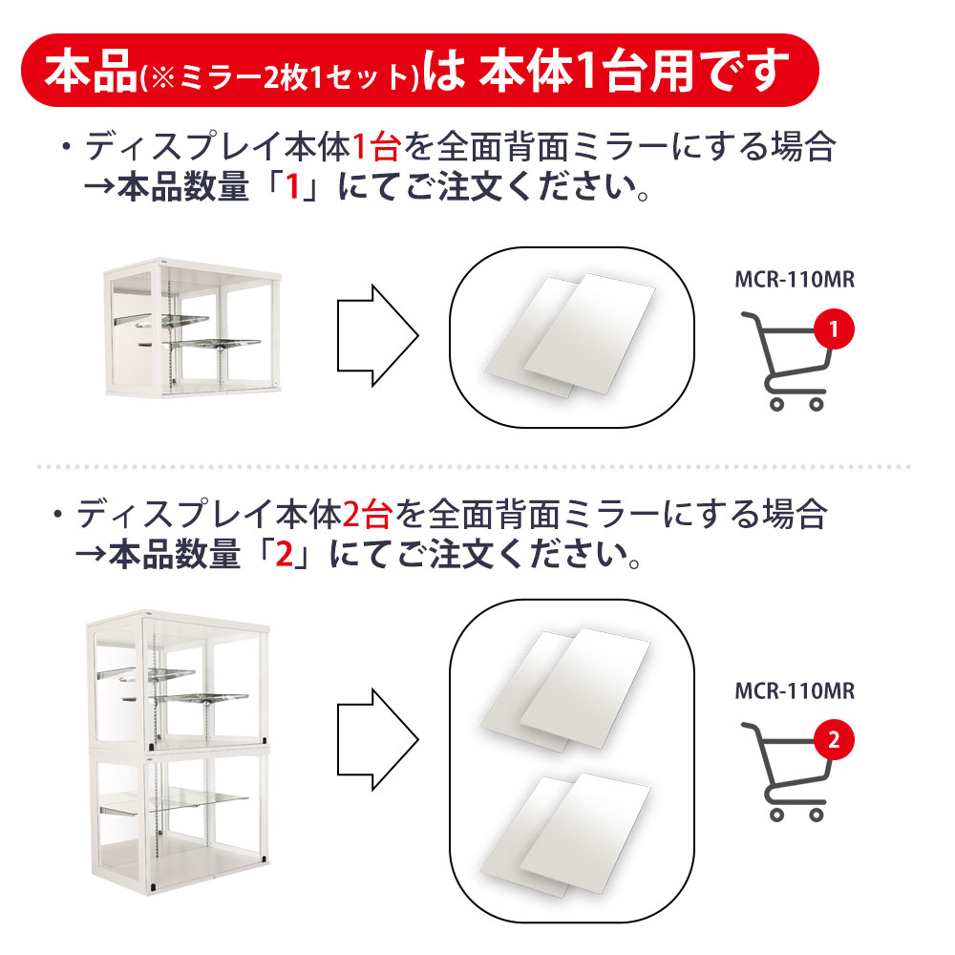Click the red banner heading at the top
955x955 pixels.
[419, 70]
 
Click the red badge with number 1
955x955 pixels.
[834, 329]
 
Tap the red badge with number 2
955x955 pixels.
[834, 740]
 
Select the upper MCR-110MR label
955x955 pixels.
[795, 280]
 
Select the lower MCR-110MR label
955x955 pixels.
[795, 691]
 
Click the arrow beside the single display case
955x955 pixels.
[377, 335]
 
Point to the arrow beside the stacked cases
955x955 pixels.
[377, 740]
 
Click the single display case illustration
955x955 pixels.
[193, 328]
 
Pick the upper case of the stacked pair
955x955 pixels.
[178, 679]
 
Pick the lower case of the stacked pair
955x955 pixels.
[180, 822]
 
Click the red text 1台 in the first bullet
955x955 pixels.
[376, 147]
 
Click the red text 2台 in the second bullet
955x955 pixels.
[368, 515]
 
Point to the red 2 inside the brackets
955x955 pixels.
[285, 554]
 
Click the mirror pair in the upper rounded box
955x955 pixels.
[569, 336]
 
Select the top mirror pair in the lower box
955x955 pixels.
[565, 690]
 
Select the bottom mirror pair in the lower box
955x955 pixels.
[565, 836]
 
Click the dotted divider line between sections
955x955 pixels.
[474, 467]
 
